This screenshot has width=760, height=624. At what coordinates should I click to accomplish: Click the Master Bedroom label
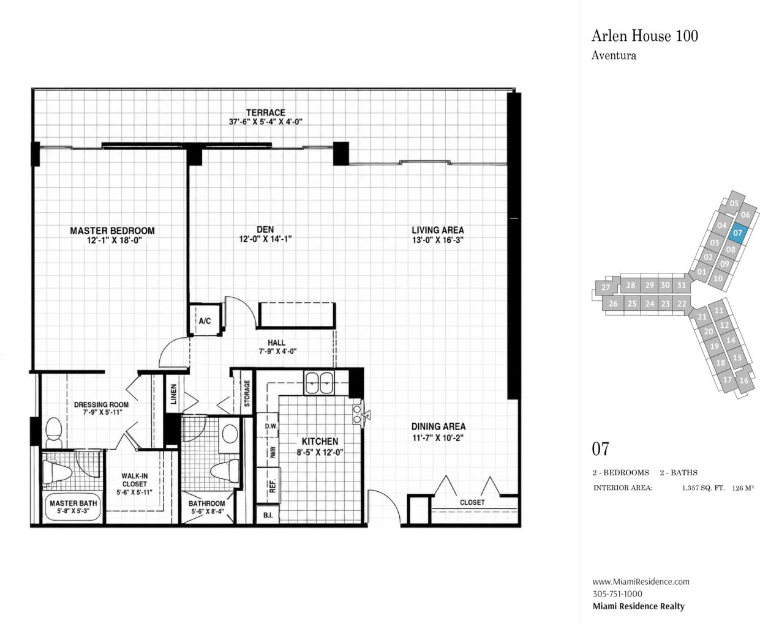(112, 231)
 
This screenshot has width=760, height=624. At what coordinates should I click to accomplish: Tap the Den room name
(265, 229)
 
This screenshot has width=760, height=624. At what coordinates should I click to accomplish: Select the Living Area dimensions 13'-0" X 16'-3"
(438, 240)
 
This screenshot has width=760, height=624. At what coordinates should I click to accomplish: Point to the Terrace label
(266, 113)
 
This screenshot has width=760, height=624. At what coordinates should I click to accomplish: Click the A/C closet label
(205, 321)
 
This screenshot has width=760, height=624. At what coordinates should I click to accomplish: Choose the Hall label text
(276, 343)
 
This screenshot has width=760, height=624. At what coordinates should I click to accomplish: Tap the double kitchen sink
(319, 383)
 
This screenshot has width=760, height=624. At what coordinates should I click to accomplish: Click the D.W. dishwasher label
(271, 426)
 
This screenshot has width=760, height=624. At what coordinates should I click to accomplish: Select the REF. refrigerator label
(273, 485)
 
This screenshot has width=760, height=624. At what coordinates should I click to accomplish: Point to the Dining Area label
(438, 426)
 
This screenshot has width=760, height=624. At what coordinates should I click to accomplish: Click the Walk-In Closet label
(134, 480)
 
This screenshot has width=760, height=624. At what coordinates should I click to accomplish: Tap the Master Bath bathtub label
(73, 503)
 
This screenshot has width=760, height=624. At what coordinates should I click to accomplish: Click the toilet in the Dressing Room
(54, 432)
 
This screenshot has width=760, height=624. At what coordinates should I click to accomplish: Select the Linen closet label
(173, 394)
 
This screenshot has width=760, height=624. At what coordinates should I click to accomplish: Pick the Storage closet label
(247, 393)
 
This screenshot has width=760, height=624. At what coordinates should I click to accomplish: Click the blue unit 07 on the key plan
(738, 232)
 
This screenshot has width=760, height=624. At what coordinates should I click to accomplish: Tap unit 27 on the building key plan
(606, 288)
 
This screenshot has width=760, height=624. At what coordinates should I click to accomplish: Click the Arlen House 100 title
(645, 35)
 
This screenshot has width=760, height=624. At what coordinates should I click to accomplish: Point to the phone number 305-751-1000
(617, 594)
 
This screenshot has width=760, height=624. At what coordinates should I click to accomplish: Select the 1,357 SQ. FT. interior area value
(703, 488)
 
